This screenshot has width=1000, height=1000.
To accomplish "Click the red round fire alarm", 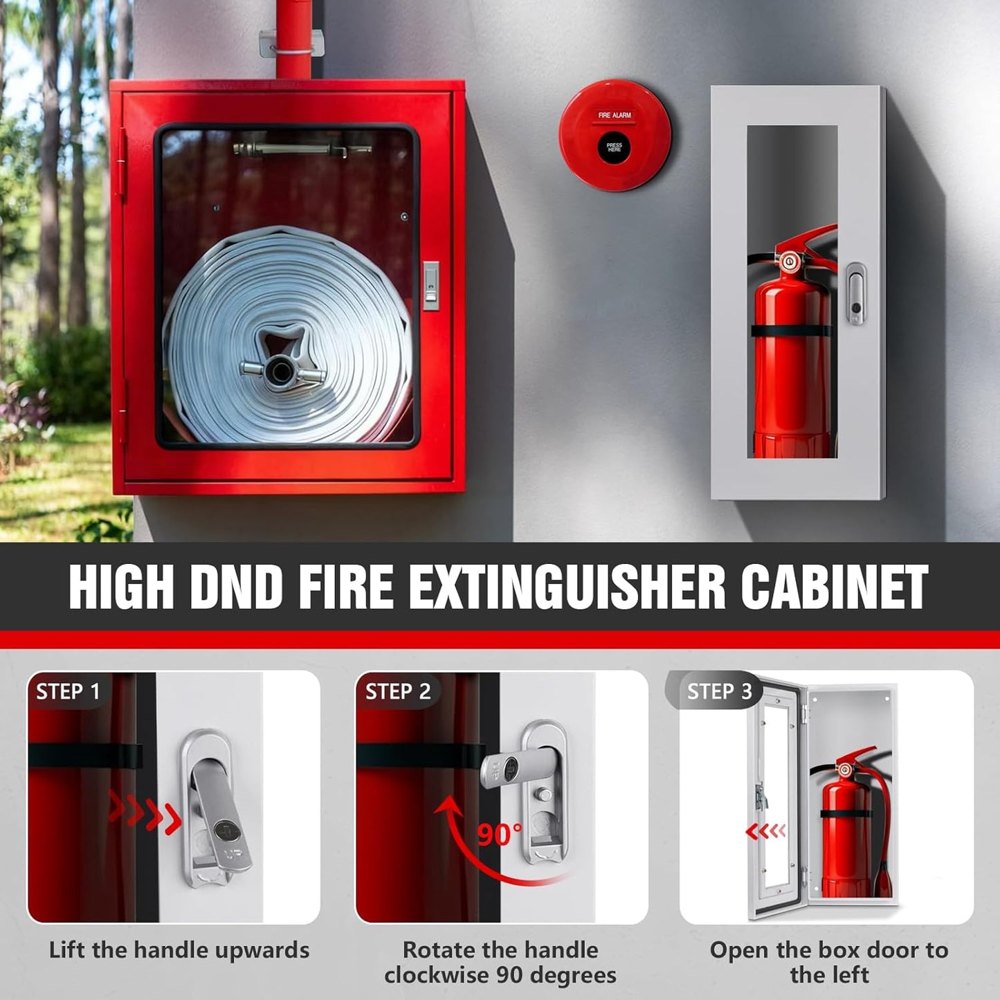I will point(615,135).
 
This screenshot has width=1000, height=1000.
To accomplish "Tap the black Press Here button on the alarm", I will point(615,147).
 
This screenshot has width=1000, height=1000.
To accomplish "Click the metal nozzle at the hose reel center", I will point(280,372).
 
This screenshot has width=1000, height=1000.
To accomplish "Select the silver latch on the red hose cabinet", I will point(430,285).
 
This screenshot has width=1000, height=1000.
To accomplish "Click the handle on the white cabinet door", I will point(856,293).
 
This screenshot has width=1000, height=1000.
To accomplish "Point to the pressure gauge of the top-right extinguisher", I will point(788,262).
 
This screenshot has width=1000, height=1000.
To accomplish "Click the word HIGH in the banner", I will point(121,587).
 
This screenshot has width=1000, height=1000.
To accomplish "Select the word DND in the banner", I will point(236,587).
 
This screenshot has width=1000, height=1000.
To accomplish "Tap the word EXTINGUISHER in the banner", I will point(566,587).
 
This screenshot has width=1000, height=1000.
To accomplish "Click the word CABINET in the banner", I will point(834,587).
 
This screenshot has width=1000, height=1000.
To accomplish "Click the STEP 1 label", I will point(68,691).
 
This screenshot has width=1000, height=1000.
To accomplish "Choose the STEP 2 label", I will point(398,691).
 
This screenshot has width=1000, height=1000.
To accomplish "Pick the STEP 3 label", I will point(719,691).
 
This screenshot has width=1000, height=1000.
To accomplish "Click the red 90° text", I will point(500,835).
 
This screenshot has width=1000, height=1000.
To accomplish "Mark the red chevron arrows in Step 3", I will point(765,830).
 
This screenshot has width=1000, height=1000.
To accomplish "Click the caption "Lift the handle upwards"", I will point(179,950).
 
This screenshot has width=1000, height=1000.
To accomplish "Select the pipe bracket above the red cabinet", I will point(292,43).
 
